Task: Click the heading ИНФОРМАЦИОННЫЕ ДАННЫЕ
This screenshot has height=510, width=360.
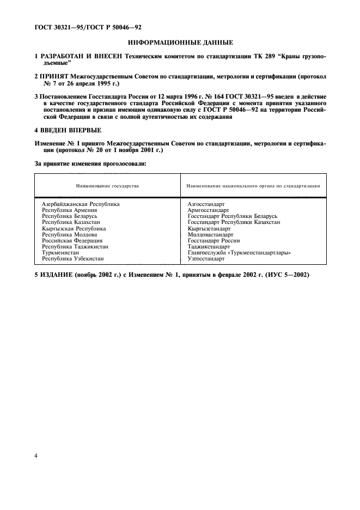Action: [x=180, y=42]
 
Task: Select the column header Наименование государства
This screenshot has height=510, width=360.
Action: [x=107, y=186]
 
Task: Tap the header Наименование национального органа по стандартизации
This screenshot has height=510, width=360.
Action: [x=253, y=186]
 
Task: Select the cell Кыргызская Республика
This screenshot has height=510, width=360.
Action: [x=74, y=229]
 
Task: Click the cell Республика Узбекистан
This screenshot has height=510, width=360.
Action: [x=73, y=259]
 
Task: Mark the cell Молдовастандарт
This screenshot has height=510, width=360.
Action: [x=210, y=235]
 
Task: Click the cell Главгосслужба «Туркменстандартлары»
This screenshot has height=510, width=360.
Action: [x=239, y=253]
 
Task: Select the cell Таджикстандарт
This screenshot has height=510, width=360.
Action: [x=209, y=247]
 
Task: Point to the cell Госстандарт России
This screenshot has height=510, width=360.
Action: [x=213, y=241]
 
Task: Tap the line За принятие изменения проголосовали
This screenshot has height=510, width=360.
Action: [x=90, y=162]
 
